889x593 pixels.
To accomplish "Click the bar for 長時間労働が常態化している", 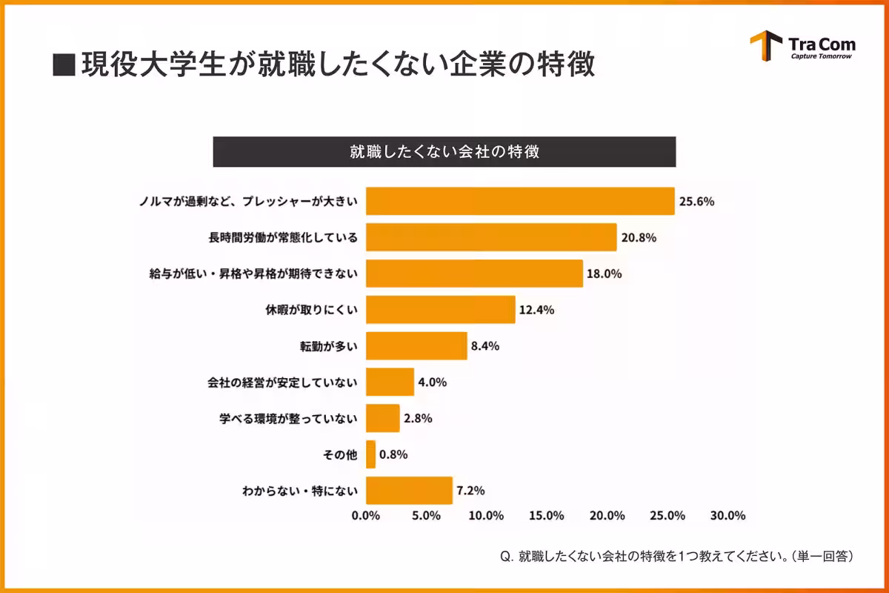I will pyautogui.click(x=491, y=237).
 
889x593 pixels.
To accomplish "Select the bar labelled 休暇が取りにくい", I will pyautogui.click(x=441, y=309).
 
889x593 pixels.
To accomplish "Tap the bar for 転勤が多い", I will pyautogui.click(x=416, y=345).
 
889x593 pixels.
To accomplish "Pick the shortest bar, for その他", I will pyautogui.click(x=370, y=454).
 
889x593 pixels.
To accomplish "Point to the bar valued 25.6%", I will pyautogui.click(x=520, y=201).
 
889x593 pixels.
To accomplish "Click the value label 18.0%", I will pyautogui.click(x=604, y=274).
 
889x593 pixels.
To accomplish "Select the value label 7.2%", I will pyautogui.click(x=470, y=490).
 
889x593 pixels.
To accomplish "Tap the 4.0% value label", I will pyautogui.click(x=432, y=382).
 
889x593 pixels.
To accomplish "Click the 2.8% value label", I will pyautogui.click(x=418, y=418).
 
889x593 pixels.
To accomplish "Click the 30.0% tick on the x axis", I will pyautogui.click(x=728, y=516).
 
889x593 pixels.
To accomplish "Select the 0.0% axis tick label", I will pyautogui.click(x=366, y=516).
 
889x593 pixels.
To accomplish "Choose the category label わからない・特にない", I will pyautogui.click(x=300, y=490).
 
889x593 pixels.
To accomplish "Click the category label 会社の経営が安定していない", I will pyautogui.click(x=282, y=382).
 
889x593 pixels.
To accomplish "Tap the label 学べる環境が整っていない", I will pyautogui.click(x=288, y=418).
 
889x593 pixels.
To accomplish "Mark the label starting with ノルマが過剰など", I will pyautogui.click(x=249, y=202).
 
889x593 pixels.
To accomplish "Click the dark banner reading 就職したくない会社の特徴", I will pyautogui.click(x=444, y=152).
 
